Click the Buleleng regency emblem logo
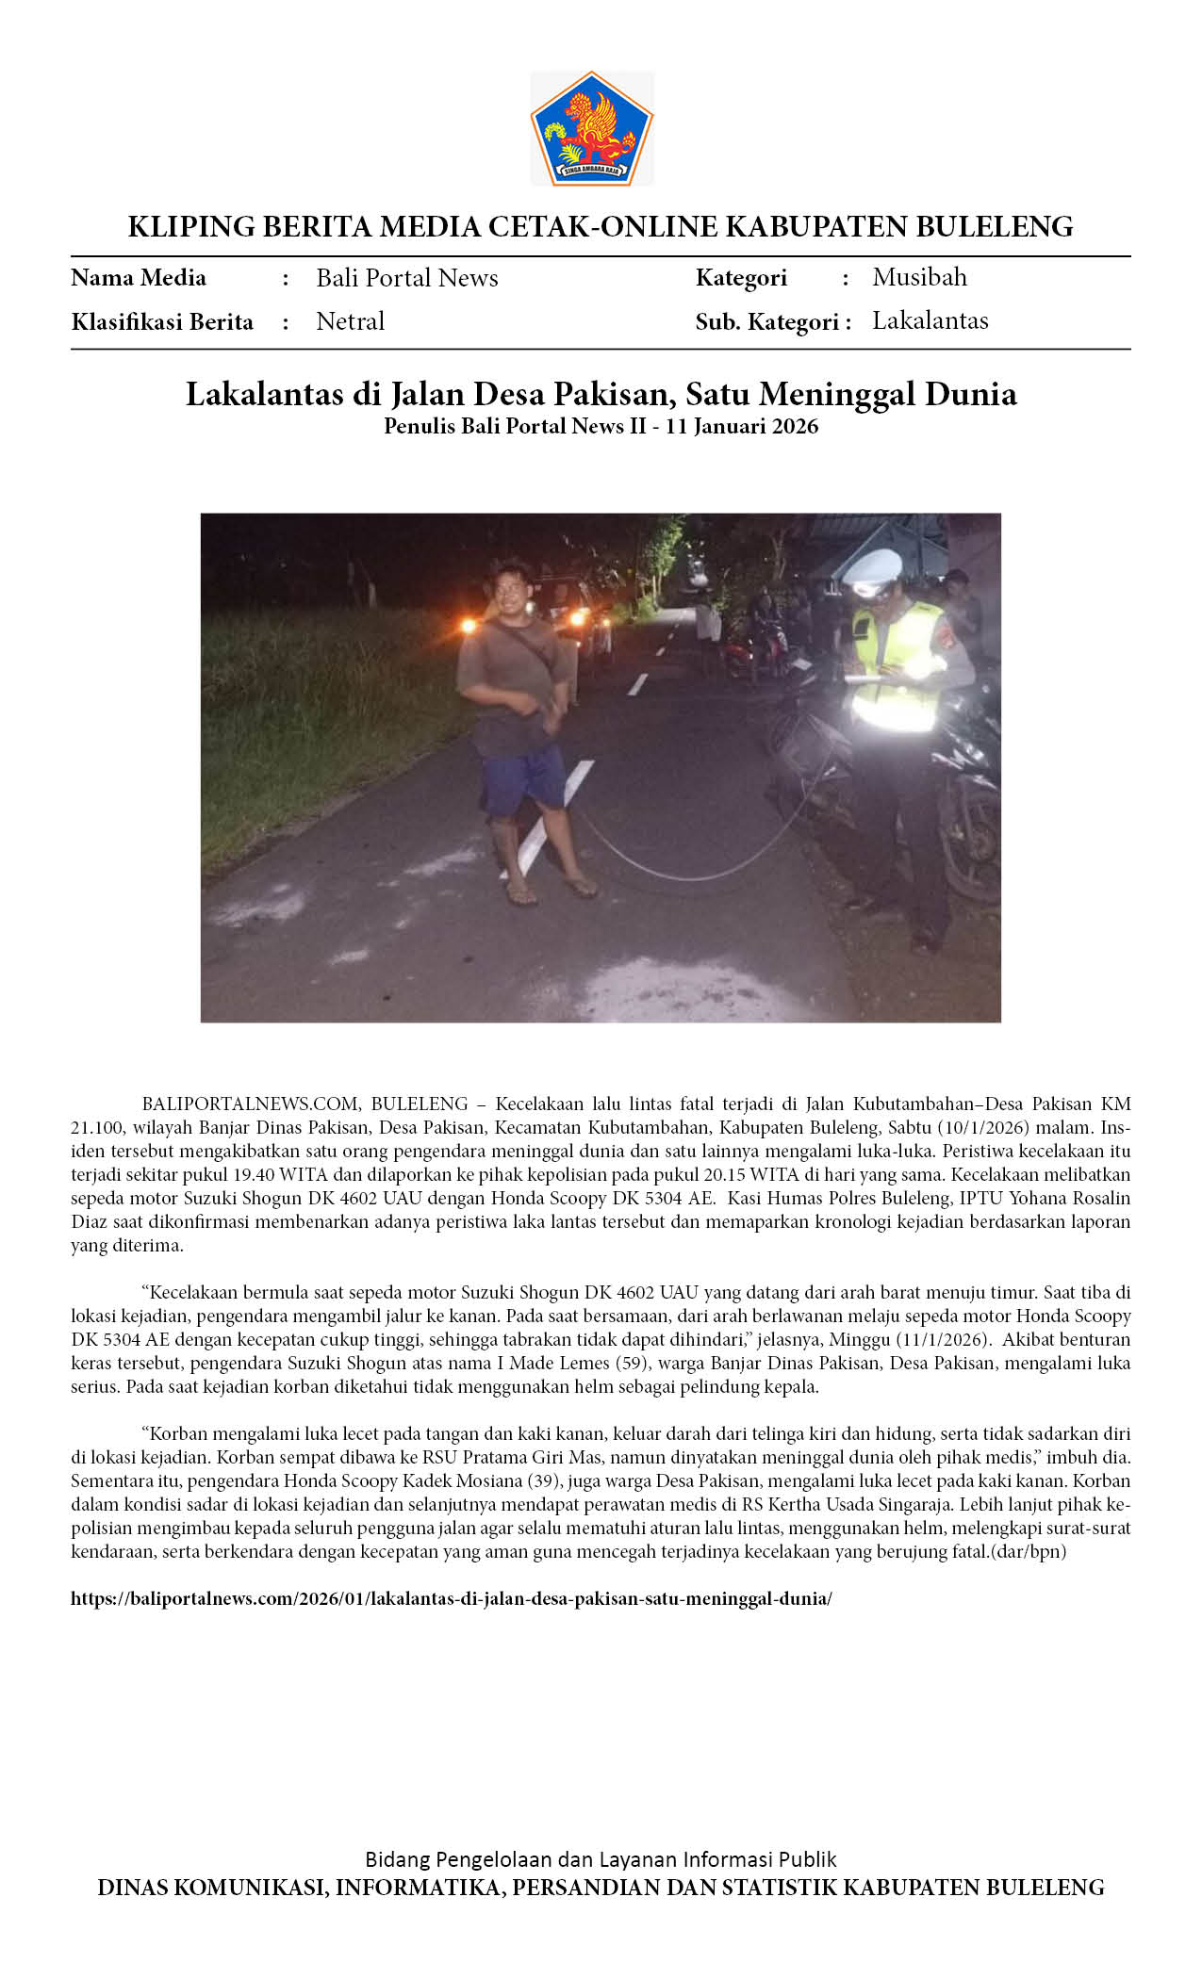click(x=591, y=127)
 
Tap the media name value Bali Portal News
click(x=406, y=278)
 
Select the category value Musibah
click(x=919, y=277)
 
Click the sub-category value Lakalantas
click(x=930, y=320)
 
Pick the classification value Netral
click(x=350, y=321)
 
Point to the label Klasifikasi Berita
click(x=162, y=322)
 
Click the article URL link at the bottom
click(x=451, y=1599)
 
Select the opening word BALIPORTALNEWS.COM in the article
click(x=251, y=1104)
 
